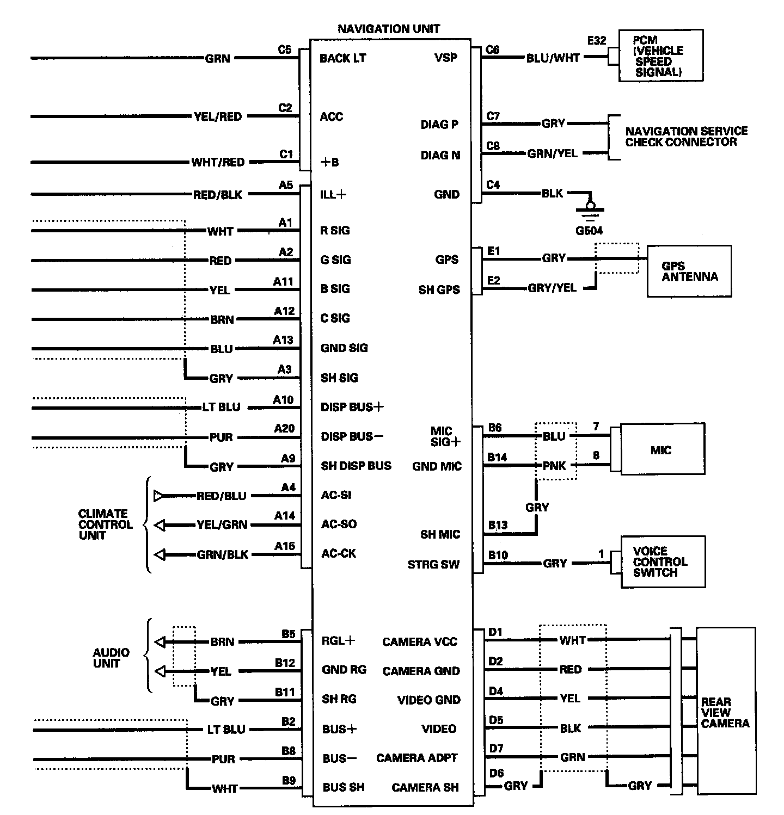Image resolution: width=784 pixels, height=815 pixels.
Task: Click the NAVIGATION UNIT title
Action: (x=388, y=29)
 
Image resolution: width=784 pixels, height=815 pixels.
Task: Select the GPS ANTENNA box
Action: (x=689, y=271)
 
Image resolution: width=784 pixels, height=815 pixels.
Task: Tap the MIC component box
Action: (x=660, y=450)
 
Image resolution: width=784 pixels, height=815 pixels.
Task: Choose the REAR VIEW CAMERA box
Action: (x=725, y=712)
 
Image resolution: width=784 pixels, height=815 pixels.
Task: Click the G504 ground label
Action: (x=589, y=231)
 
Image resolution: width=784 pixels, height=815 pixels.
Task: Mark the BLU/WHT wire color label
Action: (x=553, y=58)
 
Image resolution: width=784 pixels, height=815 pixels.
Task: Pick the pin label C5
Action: (x=285, y=50)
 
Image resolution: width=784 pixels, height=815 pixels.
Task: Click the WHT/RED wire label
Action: (x=218, y=162)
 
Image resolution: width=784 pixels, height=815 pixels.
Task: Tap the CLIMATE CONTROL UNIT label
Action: (x=105, y=524)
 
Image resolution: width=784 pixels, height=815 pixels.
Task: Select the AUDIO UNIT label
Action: (x=111, y=658)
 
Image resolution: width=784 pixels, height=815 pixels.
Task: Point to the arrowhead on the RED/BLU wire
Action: (x=158, y=496)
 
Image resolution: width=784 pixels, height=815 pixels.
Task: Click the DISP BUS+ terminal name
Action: (x=352, y=407)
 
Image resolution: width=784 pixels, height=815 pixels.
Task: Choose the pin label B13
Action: (x=498, y=525)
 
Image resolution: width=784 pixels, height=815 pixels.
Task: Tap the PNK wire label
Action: (x=554, y=466)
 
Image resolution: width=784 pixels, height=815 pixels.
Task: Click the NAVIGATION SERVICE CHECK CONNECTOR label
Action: (x=686, y=137)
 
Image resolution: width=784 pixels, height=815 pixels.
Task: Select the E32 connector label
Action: (x=597, y=40)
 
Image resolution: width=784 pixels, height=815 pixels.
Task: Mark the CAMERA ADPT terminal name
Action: (x=416, y=758)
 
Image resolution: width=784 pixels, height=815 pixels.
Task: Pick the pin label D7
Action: (x=496, y=749)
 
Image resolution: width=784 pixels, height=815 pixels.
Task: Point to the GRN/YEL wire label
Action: (x=552, y=153)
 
